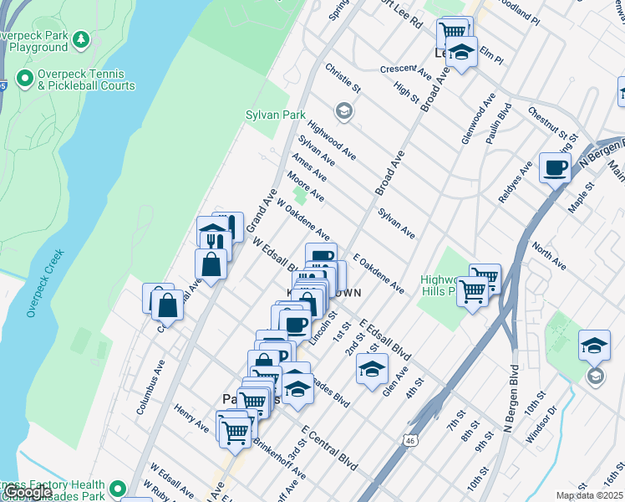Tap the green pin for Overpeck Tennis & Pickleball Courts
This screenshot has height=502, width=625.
click(x=24, y=79)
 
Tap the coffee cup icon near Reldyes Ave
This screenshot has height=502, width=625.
click(x=554, y=168)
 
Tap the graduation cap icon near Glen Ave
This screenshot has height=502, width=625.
click(x=372, y=367)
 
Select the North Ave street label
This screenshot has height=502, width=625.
click(x=548, y=257)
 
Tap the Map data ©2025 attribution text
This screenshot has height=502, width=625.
click(x=589, y=495)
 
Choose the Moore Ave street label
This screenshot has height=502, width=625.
click(x=305, y=187)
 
